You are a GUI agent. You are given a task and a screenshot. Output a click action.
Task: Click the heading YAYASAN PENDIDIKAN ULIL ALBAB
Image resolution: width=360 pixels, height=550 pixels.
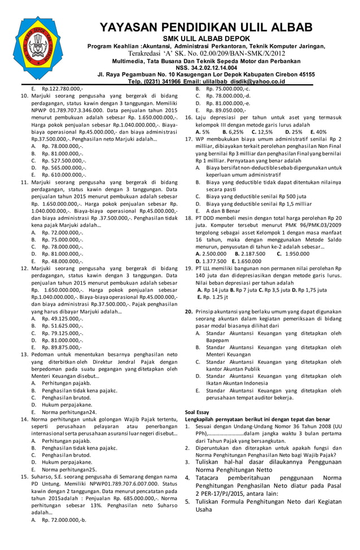click(x=205, y=28)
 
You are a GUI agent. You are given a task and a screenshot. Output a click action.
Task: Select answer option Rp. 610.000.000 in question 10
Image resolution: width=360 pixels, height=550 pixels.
click(x=63, y=175)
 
